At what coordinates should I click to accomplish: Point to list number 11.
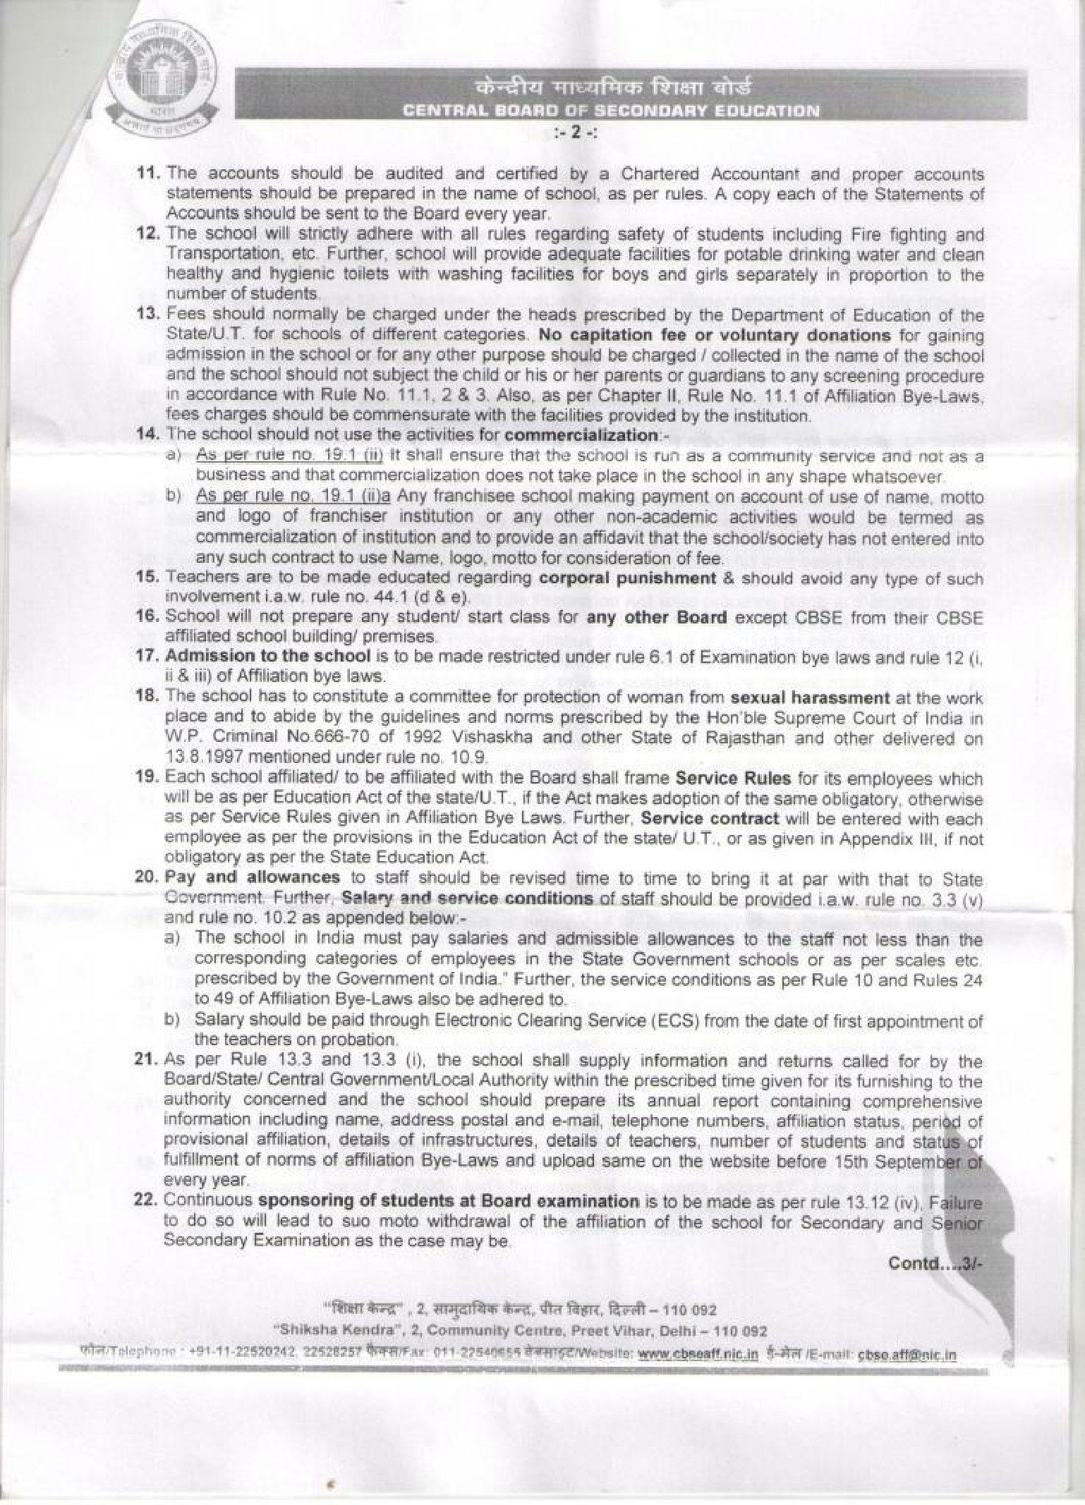coord(149,173)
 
